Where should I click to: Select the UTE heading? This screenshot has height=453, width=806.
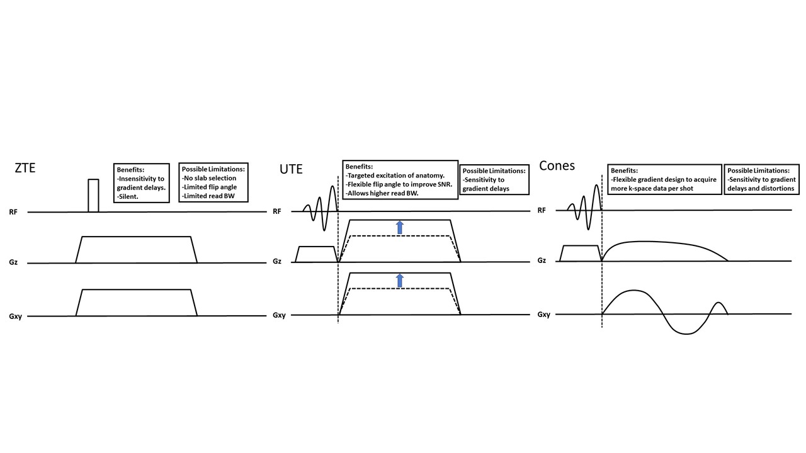(x=291, y=169)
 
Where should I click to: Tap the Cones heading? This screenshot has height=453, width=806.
(x=557, y=165)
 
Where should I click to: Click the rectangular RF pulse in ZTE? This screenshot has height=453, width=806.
(x=93, y=196)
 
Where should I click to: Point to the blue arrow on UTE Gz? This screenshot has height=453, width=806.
(x=399, y=227)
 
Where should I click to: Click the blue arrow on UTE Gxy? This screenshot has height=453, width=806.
(x=399, y=281)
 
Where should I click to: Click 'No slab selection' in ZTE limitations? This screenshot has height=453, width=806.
(x=209, y=178)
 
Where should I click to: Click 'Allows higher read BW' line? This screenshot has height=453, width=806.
(x=383, y=193)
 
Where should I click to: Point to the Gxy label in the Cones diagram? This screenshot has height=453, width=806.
(x=545, y=314)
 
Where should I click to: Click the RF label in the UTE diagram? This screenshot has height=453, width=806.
(x=277, y=211)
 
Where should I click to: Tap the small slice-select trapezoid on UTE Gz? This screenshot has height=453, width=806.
(x=316, y=254)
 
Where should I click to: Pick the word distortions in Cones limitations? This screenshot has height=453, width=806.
(x=775, y=188)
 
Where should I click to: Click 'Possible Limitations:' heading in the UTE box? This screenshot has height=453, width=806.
(x=494, y=171)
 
